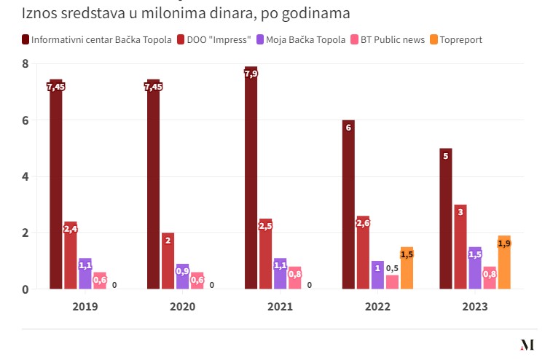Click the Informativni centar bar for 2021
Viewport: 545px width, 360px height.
point(251,178)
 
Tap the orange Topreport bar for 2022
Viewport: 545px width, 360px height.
point(407,267)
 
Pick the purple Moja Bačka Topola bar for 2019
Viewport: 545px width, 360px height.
point(85,273)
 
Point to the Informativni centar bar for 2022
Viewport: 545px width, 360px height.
point(348,204)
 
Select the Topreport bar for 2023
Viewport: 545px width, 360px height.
point(504,262)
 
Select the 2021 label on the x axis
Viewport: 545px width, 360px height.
point(280,307)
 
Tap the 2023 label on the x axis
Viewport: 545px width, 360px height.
point(475,307)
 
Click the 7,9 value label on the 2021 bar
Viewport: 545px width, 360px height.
point(251,74)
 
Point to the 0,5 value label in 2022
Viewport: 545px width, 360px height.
point(392,268)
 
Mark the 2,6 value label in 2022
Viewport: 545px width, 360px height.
point(363,223)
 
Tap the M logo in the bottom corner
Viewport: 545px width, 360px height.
point(527,345)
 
